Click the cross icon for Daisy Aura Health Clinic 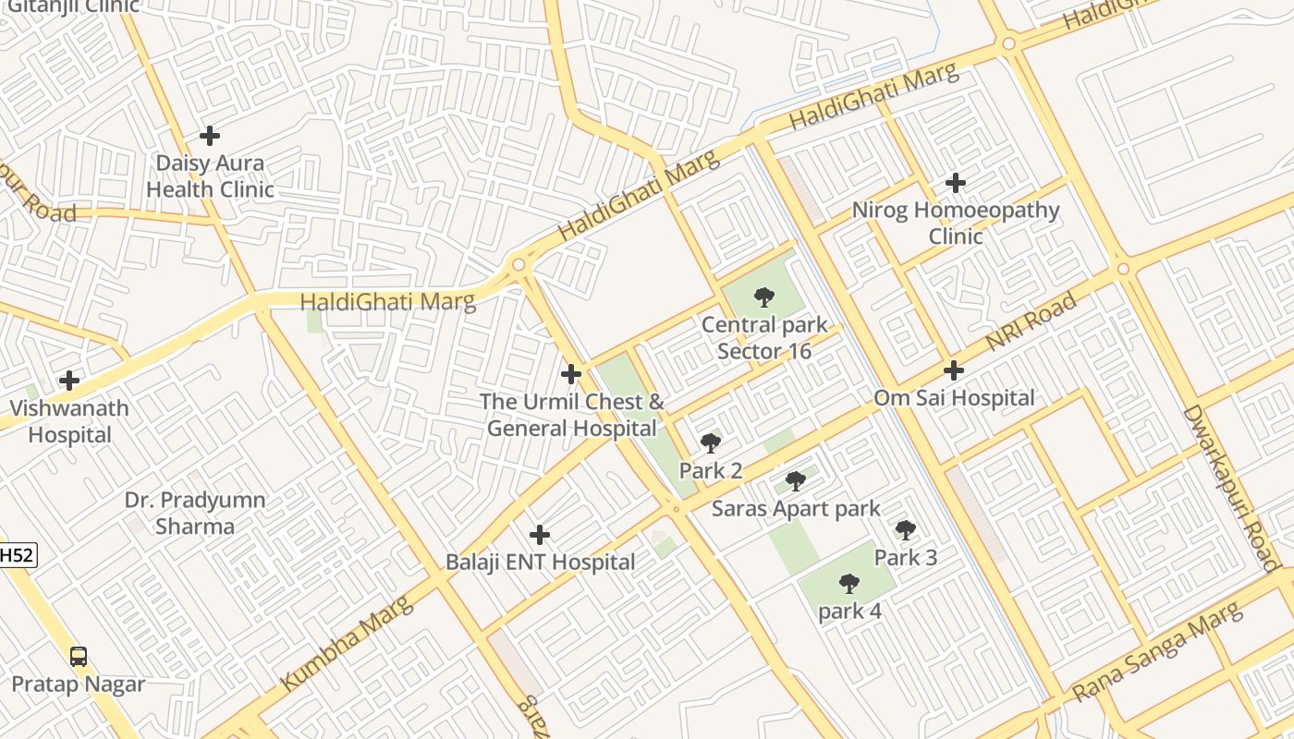tap(210, 136)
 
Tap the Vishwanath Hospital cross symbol tap(69, 381)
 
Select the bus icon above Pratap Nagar tap(79, 657)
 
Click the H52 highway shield tap(16, 555)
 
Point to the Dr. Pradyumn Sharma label tap(195, 513)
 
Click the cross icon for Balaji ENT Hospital tap(540, 535)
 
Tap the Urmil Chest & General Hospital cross tap(571, 374)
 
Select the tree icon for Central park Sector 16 tap(764, 297)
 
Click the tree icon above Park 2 tap(711, 443)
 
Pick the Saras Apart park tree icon tap(796, 481)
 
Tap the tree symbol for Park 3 tap(906, 530)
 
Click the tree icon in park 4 tap(849, 584)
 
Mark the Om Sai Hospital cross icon tap(954, 371)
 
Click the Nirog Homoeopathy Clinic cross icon tap(956, 183)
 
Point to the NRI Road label tap(1032, 321)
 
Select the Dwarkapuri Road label tap(1230, 489)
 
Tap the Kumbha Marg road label tap(347, 643)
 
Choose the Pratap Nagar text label tap(79, 684)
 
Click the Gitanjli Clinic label tap(73, 6)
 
